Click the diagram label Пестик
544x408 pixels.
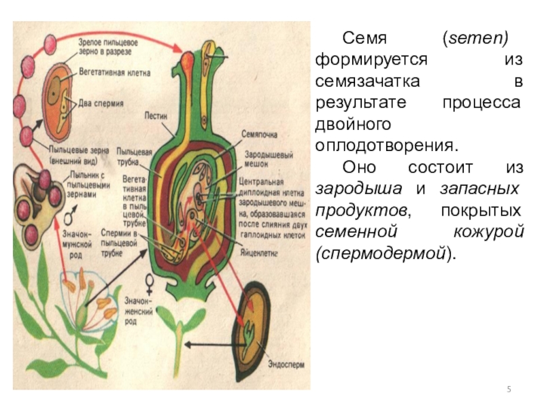[155, 116]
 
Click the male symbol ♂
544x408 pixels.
[68, 220]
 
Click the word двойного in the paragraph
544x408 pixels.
[353, 124]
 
